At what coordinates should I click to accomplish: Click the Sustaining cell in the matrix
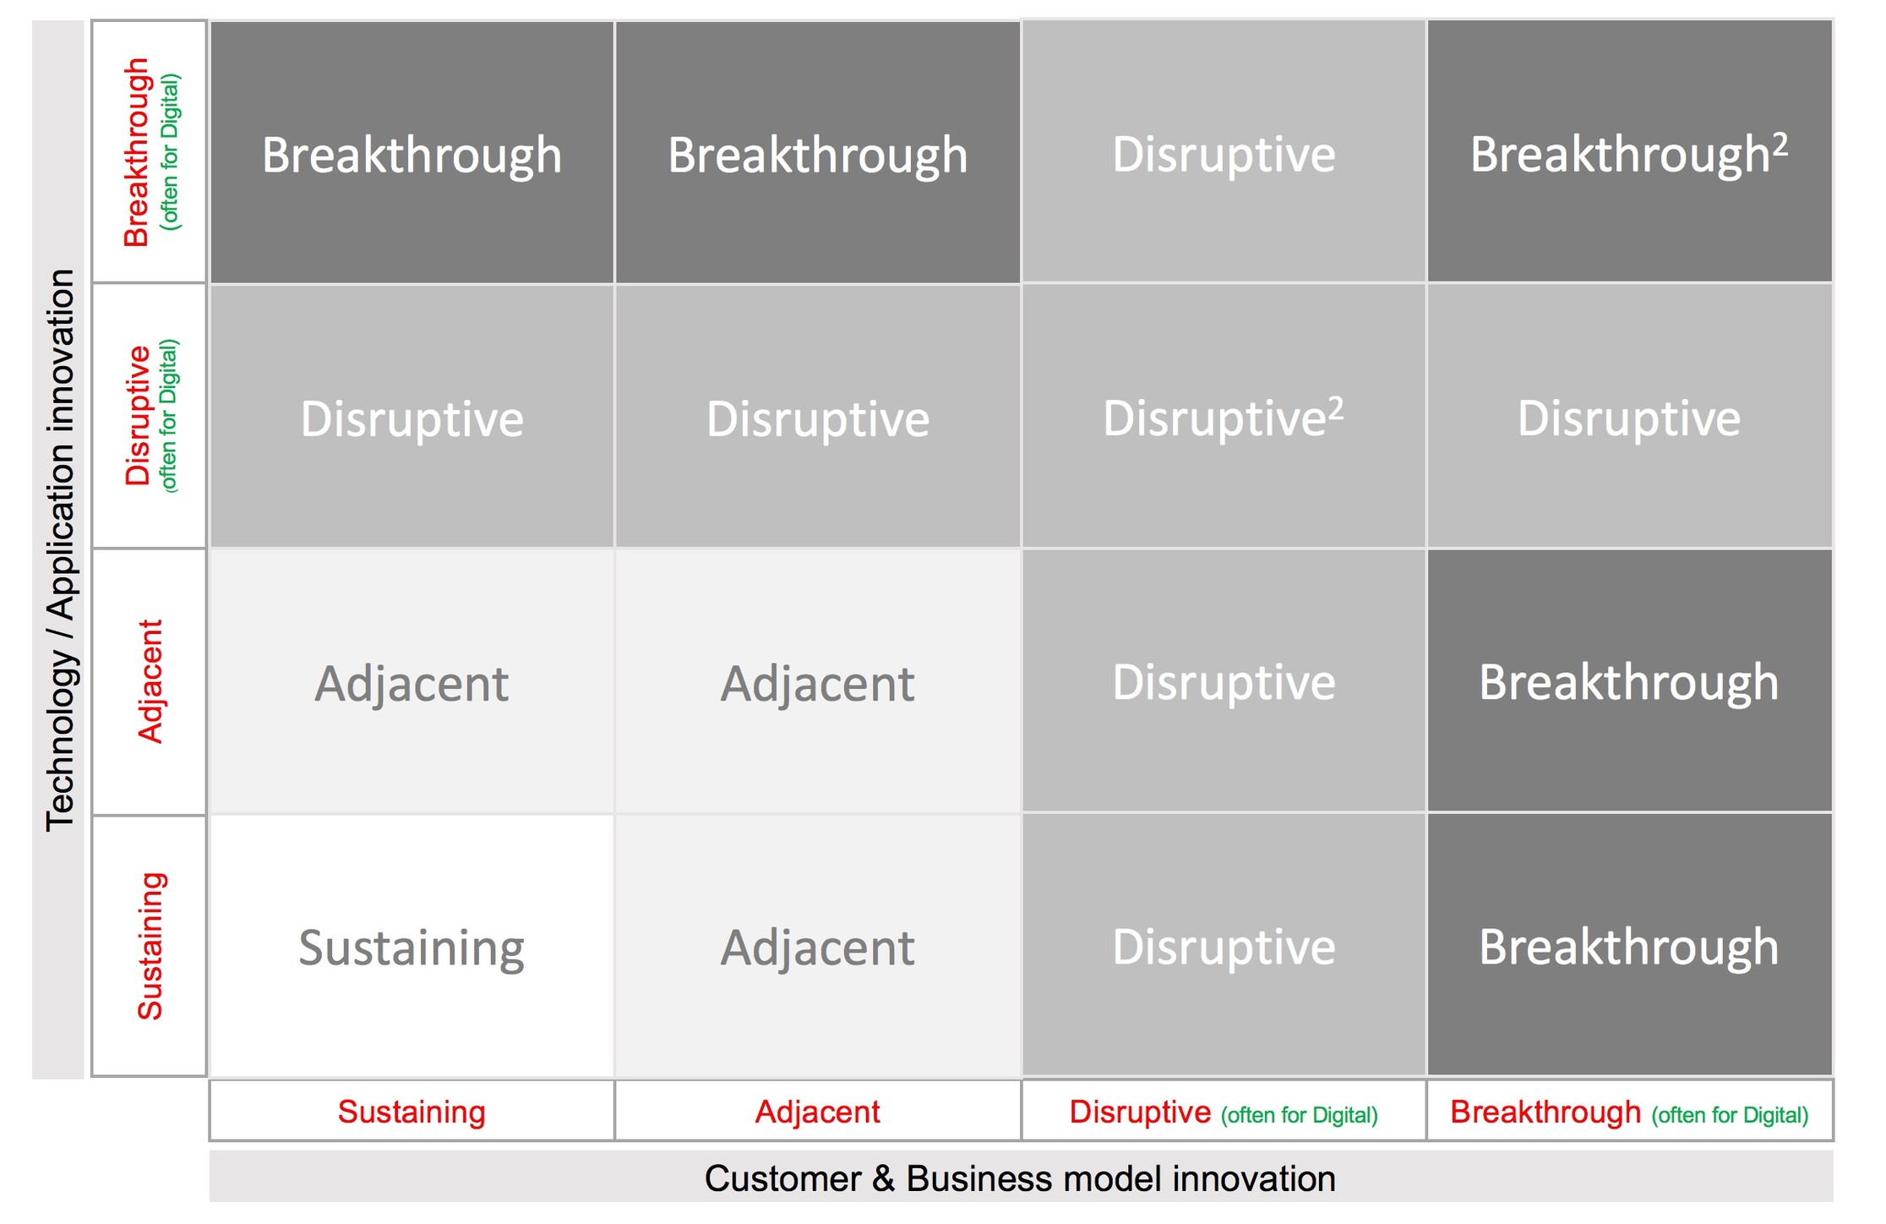(412, 948)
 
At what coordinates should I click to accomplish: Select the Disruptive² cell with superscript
(1223, 418)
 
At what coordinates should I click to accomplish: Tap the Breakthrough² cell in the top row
(1628, 154)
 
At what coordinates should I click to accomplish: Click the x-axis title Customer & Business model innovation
(1020, 1178)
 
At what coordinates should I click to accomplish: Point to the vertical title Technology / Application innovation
(61, 549)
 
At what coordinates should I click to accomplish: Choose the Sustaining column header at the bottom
(412, 1112)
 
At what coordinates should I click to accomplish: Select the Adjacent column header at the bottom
(817, 1112)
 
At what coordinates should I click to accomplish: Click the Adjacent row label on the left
(150, 681)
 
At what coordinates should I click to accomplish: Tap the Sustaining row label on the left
(150, 946)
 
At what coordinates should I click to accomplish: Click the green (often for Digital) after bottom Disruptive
(1299, 1115)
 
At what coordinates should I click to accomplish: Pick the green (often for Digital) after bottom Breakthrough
(1730, 1115)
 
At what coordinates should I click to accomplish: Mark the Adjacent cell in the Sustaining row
(817, 948)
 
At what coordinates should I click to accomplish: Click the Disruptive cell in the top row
(1223, 154)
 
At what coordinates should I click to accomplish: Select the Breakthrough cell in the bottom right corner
(1628, 947)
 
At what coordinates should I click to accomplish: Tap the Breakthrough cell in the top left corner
(412, 155)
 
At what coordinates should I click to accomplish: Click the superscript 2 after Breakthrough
(1780, 145)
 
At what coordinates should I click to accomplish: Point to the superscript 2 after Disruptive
(1335, 408)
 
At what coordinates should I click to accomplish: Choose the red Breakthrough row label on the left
(137, 152)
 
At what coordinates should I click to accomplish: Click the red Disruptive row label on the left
(138, 416)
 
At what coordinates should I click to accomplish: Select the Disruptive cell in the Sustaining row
(1223, 947)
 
